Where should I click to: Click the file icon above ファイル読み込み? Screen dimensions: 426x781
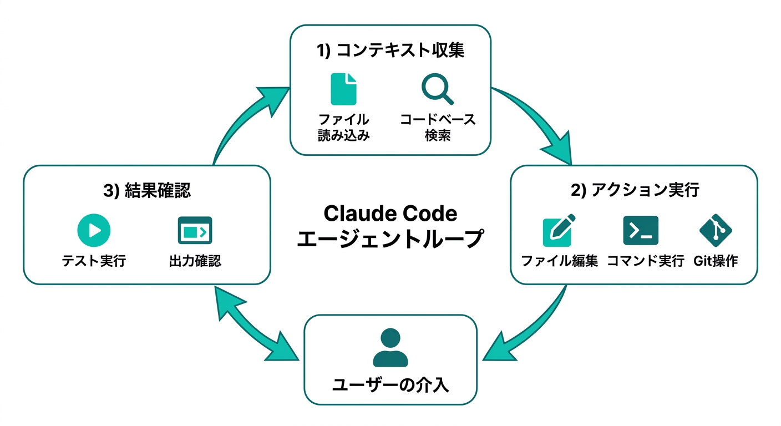point(343,89)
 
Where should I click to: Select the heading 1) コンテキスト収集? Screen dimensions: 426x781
point(390,50)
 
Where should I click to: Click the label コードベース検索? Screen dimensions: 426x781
point(438,128)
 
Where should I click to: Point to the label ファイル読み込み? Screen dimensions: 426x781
point(343,128)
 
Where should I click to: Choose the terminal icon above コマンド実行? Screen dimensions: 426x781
point(641,231)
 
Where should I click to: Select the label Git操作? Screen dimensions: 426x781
point(716,261)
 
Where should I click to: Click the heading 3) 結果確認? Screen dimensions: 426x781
point(147,191)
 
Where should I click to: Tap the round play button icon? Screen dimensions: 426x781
point(94,230)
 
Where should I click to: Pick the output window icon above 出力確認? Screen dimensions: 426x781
point(195,230)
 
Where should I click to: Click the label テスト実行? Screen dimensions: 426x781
point(94,261)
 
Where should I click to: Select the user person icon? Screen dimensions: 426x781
point(390,348)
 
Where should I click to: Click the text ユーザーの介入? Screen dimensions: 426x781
point(390,384)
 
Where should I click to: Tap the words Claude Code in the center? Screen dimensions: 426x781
point(390,214)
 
